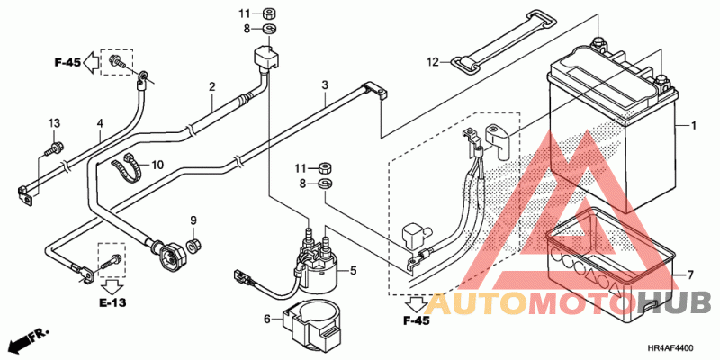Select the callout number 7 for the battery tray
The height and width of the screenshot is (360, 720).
tap(692, 274)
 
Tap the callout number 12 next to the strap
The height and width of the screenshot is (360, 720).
tap(432, 62)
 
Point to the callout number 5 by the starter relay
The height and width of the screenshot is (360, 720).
tap(354, 270)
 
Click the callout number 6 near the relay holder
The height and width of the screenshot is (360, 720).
tap(267, 318)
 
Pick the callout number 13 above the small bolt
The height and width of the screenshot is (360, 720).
tap(53, 122)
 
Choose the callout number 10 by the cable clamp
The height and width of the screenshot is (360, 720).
tap(157, 165)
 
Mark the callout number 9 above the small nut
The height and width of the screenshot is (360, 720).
tap(192, 220)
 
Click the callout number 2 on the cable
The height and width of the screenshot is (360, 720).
tap(212, 87)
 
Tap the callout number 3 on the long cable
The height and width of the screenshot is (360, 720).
tap(324, 85)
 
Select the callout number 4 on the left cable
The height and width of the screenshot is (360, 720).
tap(100, 122)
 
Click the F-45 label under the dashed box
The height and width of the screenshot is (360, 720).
tap(417, 321)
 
